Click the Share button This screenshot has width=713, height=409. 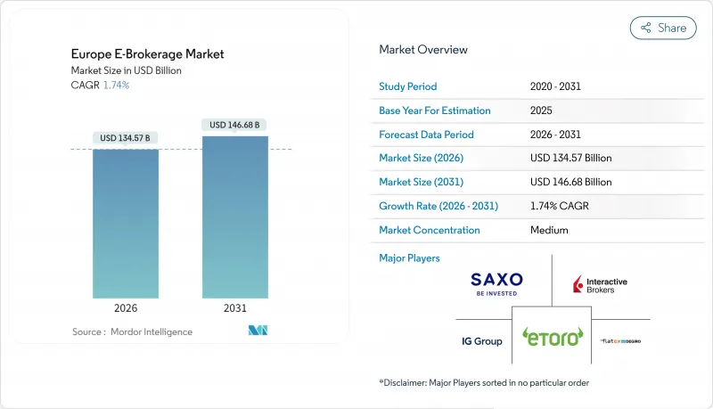coord(663,28)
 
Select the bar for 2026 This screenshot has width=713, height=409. coord(125,223)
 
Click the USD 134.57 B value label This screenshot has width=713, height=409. coord(125,137)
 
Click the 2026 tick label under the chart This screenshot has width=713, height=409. coord(125,308)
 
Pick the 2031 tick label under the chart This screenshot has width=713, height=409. coord(235,308)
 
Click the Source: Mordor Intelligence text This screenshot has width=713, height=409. coord(132,332)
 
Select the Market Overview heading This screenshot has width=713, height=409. coord(423,50)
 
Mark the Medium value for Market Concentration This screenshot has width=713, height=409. coord(550,230)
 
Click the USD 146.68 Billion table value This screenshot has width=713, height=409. coord(570,182)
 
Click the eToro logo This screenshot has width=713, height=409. coord(552,337)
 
